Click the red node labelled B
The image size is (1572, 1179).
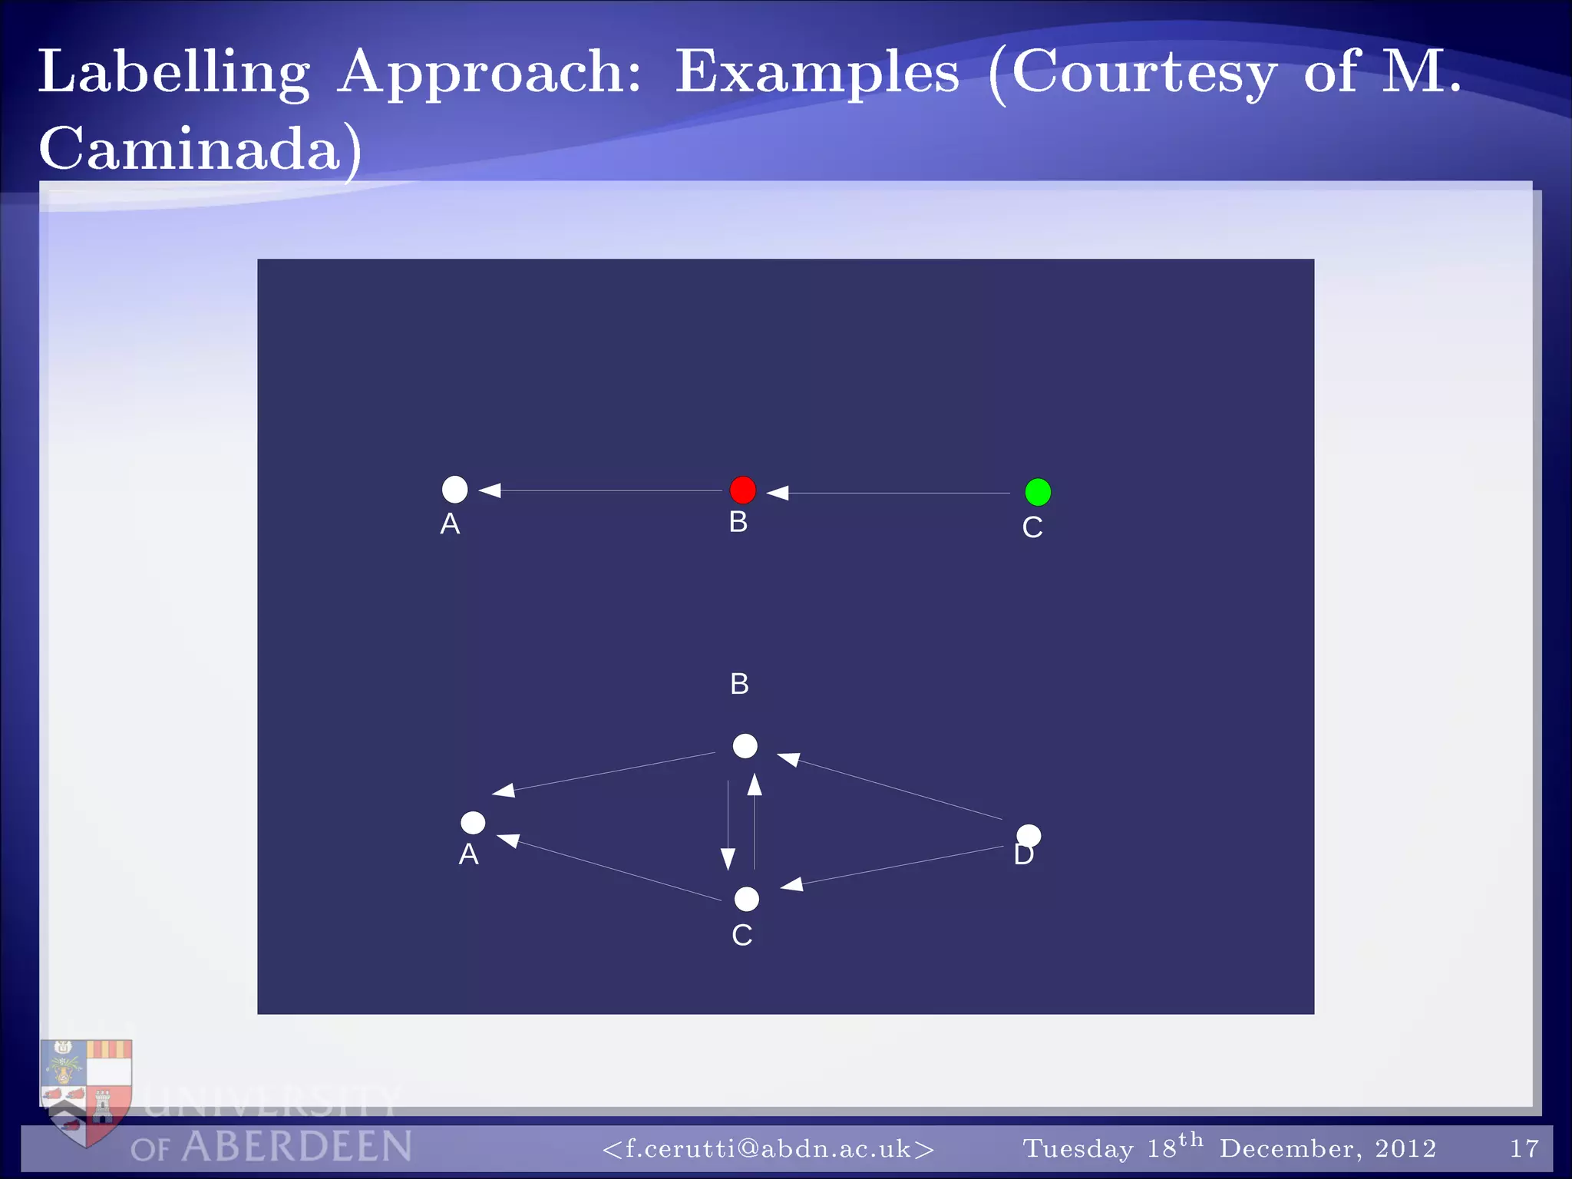point(742,490)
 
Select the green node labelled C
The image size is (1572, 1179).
point(1038,492)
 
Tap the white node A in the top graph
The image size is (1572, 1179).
point(455,489)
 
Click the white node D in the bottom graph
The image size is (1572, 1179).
point(1029,836)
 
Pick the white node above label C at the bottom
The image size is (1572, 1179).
point(746,899)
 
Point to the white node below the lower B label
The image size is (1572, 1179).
point(745,746)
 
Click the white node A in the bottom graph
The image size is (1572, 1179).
point(473,823)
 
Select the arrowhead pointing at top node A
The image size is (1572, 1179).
point(490,490)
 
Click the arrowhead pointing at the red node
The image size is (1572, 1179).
point(778,493)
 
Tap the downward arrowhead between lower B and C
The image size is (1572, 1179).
point(728,858)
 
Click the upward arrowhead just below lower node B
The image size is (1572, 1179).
point(755,784)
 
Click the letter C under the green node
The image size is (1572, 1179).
point(1032,527)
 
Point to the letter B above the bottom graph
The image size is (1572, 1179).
point(739,684)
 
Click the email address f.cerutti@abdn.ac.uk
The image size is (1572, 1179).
point(768,1148)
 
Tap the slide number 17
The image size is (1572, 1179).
point(1524,1148)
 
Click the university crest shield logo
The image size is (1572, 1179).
point(87,1090)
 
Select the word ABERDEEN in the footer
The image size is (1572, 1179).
point(297,1147)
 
